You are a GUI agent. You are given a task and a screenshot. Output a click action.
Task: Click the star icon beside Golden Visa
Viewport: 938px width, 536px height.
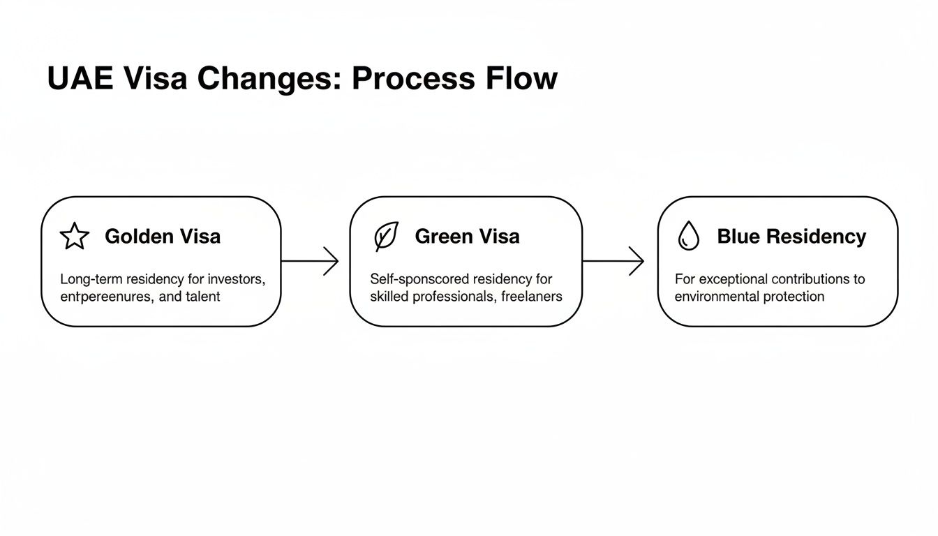click(x=75, y=237)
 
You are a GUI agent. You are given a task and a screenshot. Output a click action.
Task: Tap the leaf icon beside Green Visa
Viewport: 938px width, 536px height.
click(x=386, y=237)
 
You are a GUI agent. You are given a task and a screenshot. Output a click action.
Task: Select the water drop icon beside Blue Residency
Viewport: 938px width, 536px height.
click(x=688, y=237)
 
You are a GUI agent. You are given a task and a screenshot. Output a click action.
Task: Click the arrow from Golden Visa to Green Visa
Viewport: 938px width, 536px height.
click(x=310, y=261)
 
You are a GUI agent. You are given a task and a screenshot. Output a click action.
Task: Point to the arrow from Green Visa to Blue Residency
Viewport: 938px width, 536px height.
click(x=613, y=261)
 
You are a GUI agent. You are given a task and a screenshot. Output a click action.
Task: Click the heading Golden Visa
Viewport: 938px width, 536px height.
click(x=163, y=237)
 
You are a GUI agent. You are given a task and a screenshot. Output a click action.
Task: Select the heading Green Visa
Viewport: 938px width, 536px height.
click(x=467, y=237)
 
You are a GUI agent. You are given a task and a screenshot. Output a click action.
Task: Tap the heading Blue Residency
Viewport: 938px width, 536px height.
click(x=791, y=237)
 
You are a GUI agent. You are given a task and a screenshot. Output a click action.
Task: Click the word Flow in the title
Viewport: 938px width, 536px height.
click(x=524, y=79)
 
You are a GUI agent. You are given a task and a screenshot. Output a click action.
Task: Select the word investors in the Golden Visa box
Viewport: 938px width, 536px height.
click(x=237, y=279)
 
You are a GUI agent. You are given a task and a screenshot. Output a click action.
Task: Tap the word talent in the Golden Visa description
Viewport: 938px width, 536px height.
click(x=203, y=297)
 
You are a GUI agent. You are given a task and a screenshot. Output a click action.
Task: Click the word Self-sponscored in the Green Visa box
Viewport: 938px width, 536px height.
click(x=419, y=279)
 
